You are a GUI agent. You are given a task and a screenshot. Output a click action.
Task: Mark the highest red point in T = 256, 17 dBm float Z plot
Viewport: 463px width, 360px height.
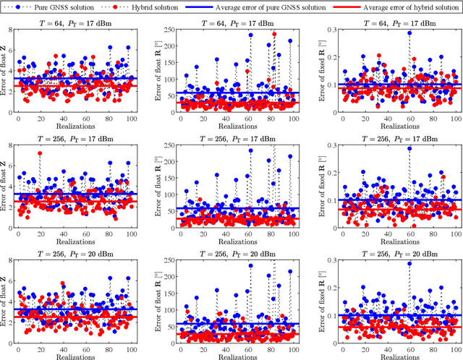click(39, 154)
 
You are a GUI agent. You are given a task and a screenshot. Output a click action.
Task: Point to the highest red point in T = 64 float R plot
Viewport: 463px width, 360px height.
click(273, 34)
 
